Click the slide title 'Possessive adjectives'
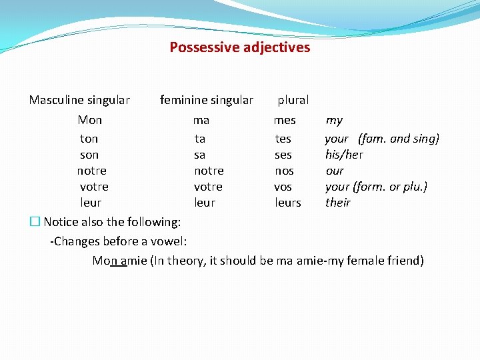[x=239, y=47]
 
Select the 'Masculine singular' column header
[x=79, y=100]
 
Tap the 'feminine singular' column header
[x=207, y=100]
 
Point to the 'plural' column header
[x=293, y=100]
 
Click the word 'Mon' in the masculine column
[x=90, y=120]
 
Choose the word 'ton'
[x=89, y=139]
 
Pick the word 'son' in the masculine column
[x=89, y=155]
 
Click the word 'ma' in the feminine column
[x=201, y=120]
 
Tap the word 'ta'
[x=200, y=139]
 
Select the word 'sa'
[x=199, y=155]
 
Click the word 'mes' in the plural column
[x=285, y=120]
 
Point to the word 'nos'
[x=284, y=171]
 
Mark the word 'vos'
[x=283, y=187]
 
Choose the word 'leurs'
[x=288, y=203]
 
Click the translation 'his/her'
[x=344, y=155]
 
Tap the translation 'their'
[x=337, y=203]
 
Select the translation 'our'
[x=335, y=171]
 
